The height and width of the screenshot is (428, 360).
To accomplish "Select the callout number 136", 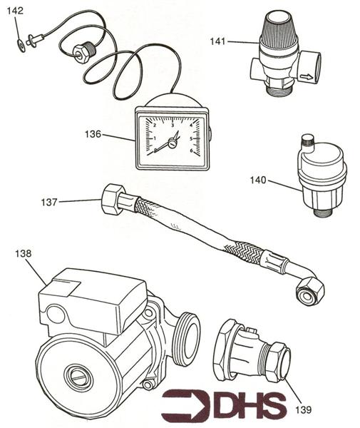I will coord(93,133).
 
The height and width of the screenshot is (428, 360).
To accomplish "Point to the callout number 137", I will coord(48,203).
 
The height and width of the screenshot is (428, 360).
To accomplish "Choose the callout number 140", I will coord(258,180).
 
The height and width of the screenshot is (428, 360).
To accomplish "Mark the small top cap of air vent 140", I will coord(309,141).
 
